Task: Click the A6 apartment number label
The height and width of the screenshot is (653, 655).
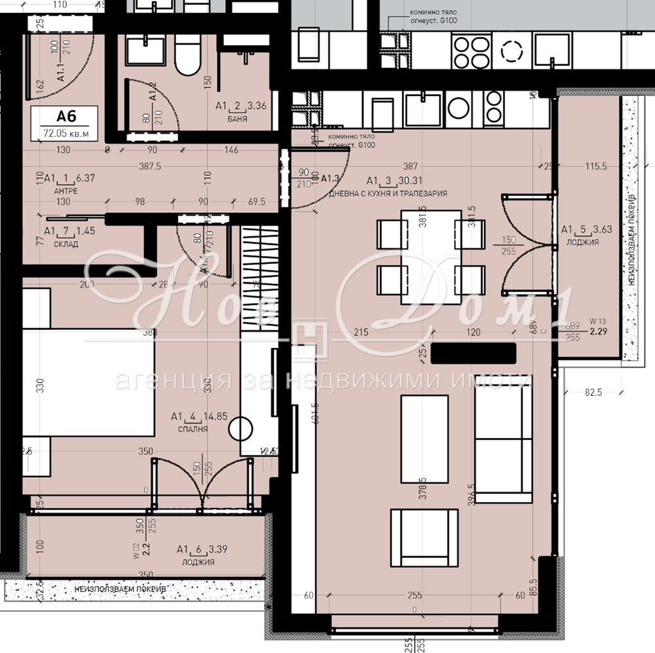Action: click(67, 117)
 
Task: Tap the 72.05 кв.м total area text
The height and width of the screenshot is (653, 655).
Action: click(67, 133)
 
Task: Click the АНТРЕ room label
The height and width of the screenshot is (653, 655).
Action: click(66, 191)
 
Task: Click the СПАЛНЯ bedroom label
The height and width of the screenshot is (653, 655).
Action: click(192, 429)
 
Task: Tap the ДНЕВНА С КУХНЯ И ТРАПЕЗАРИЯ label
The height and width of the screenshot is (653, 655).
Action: click(388, 194)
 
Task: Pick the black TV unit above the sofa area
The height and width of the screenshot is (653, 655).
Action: click(474, 353)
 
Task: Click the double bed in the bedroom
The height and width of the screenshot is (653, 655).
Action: click(88, 382)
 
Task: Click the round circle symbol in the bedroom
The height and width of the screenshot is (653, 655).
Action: click(240, 430)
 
